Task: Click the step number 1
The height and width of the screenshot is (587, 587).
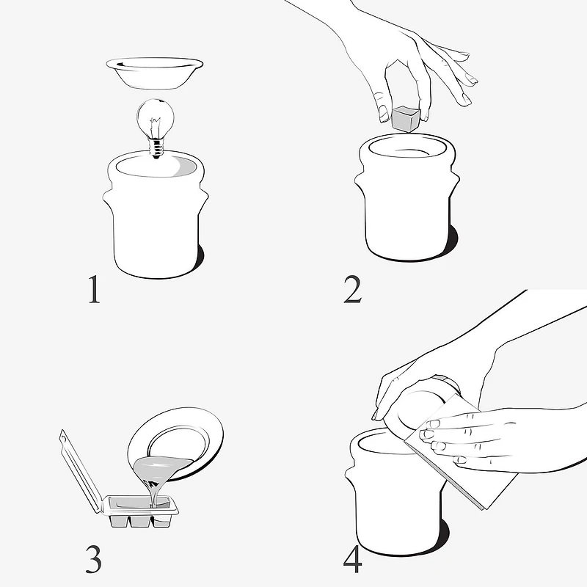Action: click(95, 289)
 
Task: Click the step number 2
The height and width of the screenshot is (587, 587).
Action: click(353, 289)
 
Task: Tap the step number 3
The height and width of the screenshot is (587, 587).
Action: click(94, 559)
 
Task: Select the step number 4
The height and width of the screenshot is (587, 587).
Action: click(353, 559)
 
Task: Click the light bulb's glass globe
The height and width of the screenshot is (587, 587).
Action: click(156, 117)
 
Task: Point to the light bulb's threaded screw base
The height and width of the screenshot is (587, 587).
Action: click(156, 148)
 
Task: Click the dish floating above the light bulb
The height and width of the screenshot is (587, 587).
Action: click(155, 73)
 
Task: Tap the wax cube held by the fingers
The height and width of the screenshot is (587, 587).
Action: click(406, 117)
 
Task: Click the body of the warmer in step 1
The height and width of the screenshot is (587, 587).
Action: click(156, 225)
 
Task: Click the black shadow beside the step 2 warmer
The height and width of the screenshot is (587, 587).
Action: click(452, 240)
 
